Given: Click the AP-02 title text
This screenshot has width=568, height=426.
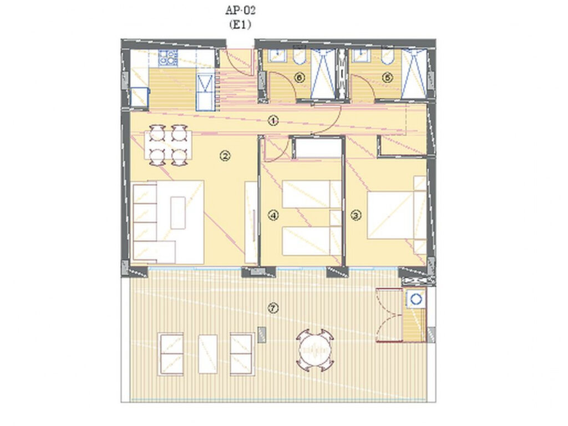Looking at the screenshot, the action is point(240,10).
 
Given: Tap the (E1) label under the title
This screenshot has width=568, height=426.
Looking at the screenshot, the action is point(240,24).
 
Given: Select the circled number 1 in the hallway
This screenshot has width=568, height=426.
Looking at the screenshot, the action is point(273,120).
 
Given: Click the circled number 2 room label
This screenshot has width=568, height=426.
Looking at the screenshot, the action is point(225,156).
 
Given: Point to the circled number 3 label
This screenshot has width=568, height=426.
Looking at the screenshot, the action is point(356,216).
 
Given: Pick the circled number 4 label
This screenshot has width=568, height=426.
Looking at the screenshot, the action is point(273,216).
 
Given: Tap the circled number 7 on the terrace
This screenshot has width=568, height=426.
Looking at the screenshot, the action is point(273,308).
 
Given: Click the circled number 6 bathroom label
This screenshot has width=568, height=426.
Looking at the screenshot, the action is point(300,77).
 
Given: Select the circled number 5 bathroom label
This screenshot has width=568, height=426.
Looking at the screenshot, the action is point(387,77).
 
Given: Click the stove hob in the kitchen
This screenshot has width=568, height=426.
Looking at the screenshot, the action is point(168,58).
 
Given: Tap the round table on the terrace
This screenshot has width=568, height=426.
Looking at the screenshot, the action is point(315,351).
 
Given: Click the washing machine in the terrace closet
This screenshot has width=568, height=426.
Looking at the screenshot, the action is point(415,298).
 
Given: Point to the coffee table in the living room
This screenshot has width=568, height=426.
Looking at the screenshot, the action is point(178,212).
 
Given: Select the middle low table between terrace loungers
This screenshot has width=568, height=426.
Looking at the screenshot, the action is point(207,354).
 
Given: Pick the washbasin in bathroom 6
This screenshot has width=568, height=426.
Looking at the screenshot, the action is point(277,55).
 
